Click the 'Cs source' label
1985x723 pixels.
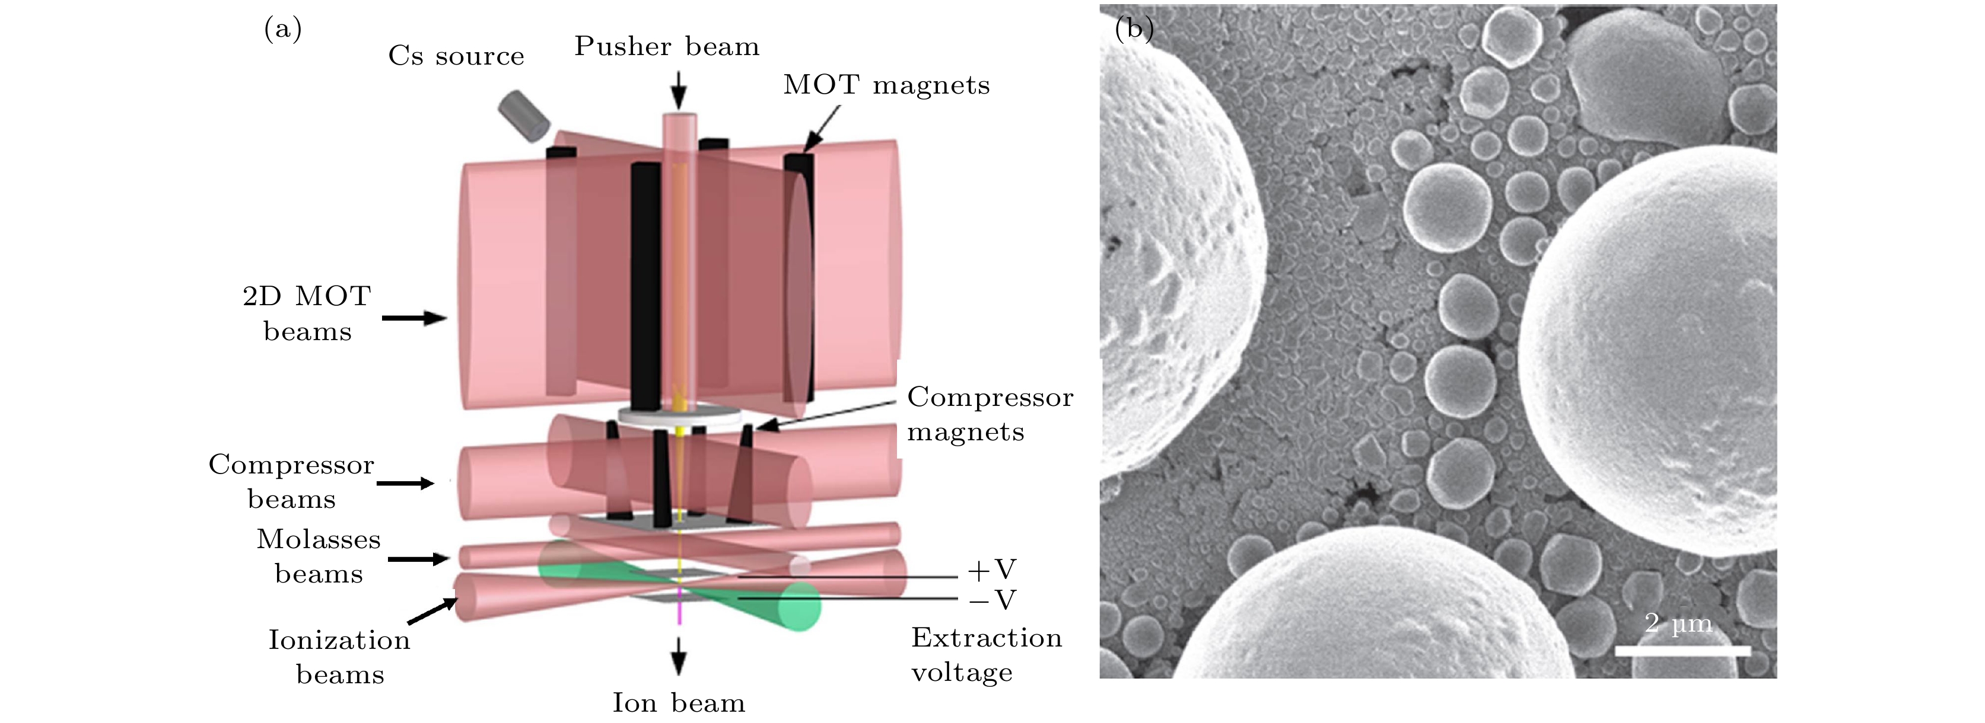pyautogui.click(x=456, y=56)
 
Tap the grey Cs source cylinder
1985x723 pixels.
pyautogui.click(x=524, y=116)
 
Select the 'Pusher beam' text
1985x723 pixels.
pyautogui.click(x=667, y=46)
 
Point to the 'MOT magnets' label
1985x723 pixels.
pyautogui.click(x=886, y=85)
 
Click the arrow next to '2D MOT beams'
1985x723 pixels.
pyautogui.click(x=415, y=317)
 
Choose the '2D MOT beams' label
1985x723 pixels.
pyautogui.click(x=307, y=313)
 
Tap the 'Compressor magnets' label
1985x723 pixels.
pyautogui.click(x=990, y=414)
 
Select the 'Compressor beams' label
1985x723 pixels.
pyautogui.click(x=291, y=481)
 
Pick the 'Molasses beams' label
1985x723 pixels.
pyautogui.click(x=318, y=556)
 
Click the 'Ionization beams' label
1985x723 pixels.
pyautogui.click(x=339, y=657)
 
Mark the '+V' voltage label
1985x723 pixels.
pyautogui.click(x=993, y=570)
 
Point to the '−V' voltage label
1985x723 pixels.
pyautogui.click(x=993, y=600)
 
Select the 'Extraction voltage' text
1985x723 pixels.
pyautogui.click(x=987, y=654)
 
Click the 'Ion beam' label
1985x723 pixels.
pyautogui.click(x=679, y=703)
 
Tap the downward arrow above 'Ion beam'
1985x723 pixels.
pyautogui.click(x=678, y=656)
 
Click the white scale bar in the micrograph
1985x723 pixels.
pyautogui.click(x=1683, y=651)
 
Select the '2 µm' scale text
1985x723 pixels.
pyautogui.click(x=1678, y=623)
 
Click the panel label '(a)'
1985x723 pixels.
pyautogui.click(x=283, y=28)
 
